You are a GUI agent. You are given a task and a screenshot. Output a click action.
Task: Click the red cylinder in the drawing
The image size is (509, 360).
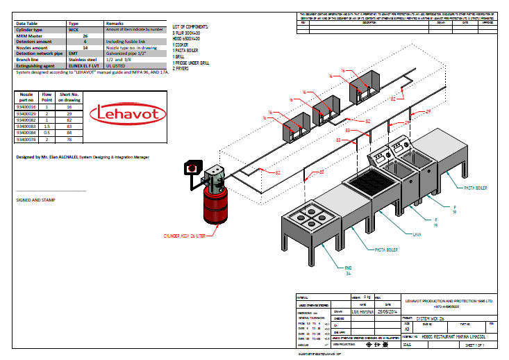tap(213, 207)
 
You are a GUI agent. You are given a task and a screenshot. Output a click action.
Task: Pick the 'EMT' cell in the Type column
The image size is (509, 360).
tap(72, 52)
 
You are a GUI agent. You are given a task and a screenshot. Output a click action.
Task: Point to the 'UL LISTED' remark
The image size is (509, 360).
tap(116, 63)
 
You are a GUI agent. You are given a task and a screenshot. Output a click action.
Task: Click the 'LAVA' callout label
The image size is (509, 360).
tap(417, 235)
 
